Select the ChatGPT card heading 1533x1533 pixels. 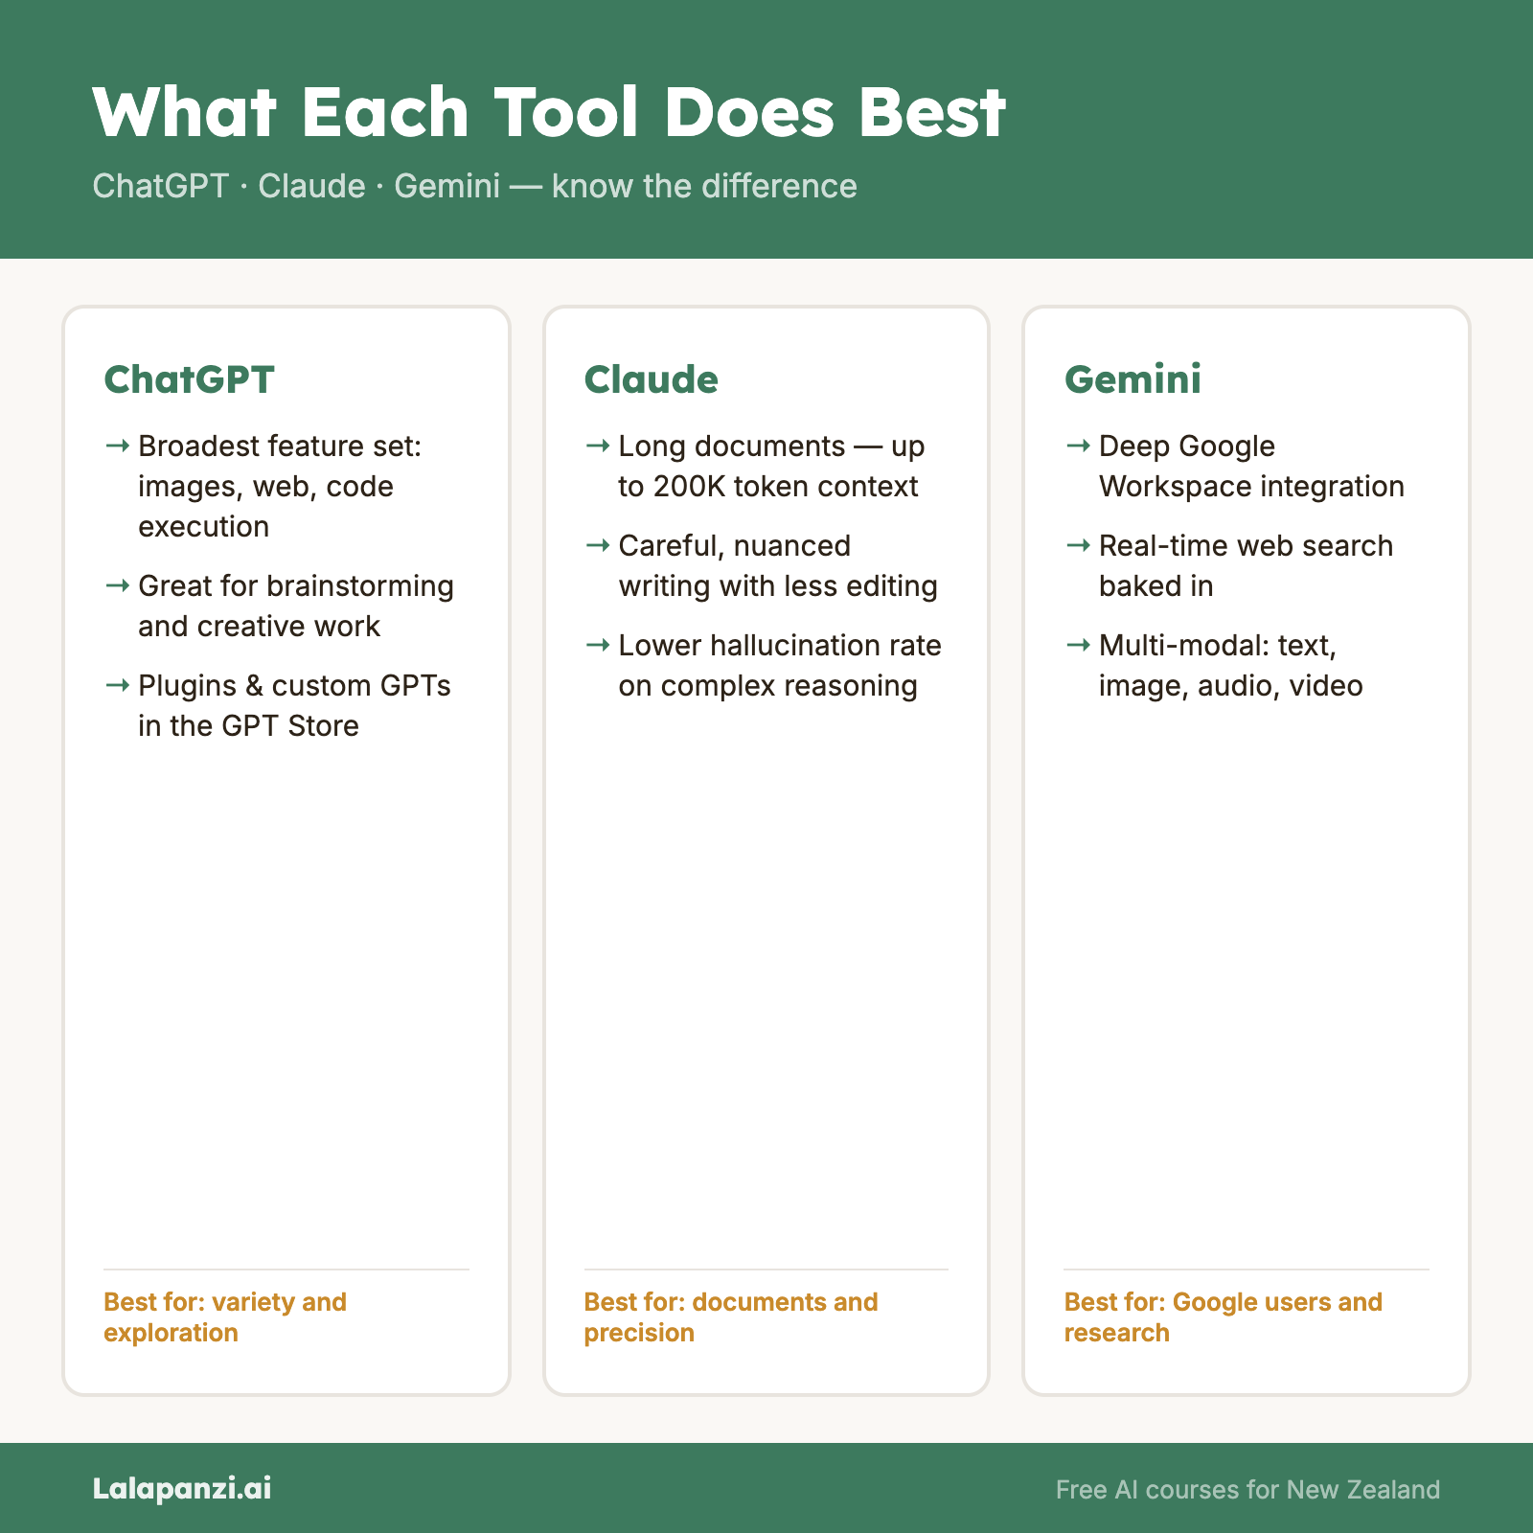click(189, 379)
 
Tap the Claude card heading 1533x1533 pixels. click(651, 379)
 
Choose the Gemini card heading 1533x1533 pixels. click(1133, 379)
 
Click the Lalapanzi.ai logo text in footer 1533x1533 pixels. click(182, 1488)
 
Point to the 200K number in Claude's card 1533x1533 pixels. click(690, 487)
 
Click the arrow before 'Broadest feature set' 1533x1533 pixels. click(117, 446)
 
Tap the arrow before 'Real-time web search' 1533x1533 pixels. click(1078, 545)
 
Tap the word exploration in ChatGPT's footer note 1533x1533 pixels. click(171, 1333)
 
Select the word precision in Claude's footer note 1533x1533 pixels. click(639, 1333)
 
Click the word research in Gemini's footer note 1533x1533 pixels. click(1116, 1333)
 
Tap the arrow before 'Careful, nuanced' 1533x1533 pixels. click(598, 545)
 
